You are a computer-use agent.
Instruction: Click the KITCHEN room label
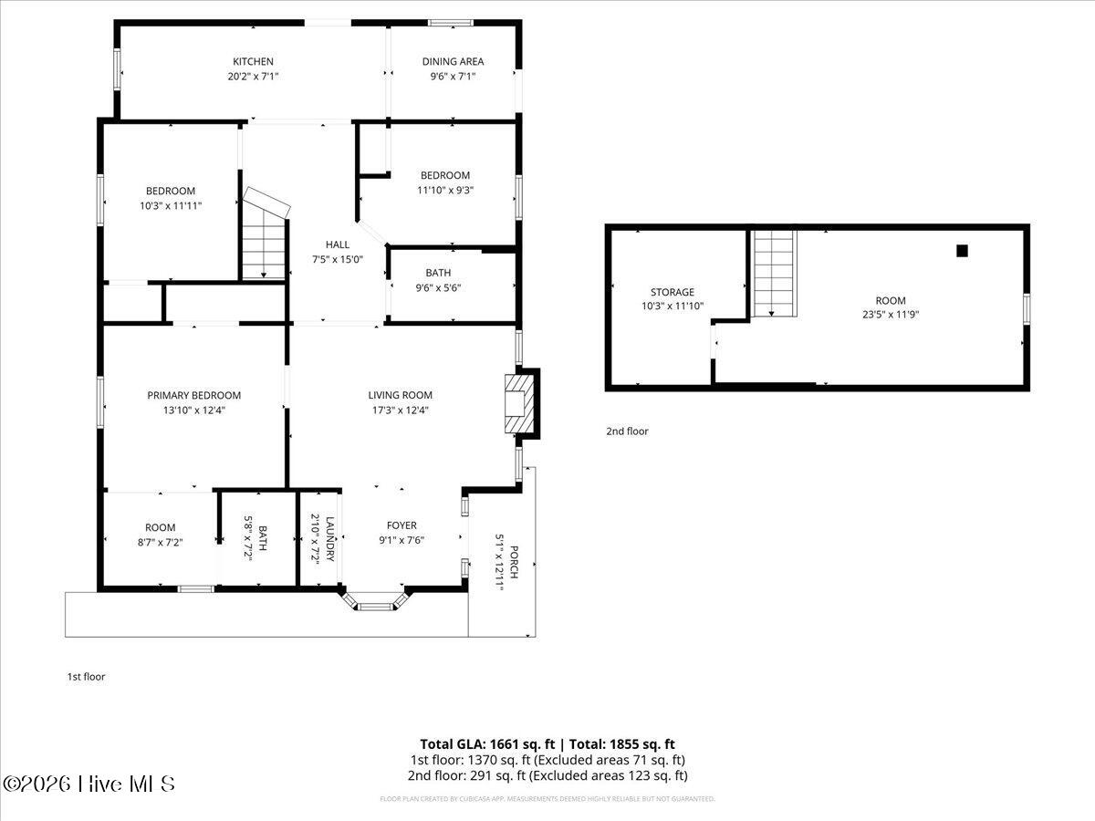(253, 61)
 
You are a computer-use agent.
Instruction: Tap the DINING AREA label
(453, 61)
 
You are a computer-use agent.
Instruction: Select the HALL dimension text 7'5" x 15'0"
(337, 259)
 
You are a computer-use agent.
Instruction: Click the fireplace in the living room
(520, 402)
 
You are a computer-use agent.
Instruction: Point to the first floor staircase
(265, 242)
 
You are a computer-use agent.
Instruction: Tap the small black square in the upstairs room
(962, 251)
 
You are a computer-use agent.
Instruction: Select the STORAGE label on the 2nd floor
(672, 292)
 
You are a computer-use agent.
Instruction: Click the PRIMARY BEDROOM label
(194, 395)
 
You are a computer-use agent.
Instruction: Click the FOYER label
(401, 525)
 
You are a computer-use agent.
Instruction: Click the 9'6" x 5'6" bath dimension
(438, 287)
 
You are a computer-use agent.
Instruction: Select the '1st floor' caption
(86, 677)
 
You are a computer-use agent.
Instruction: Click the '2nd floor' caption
(627, 431)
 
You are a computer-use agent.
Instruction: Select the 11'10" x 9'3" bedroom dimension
(445, 190)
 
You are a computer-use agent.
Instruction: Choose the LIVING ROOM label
(400, 395)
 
